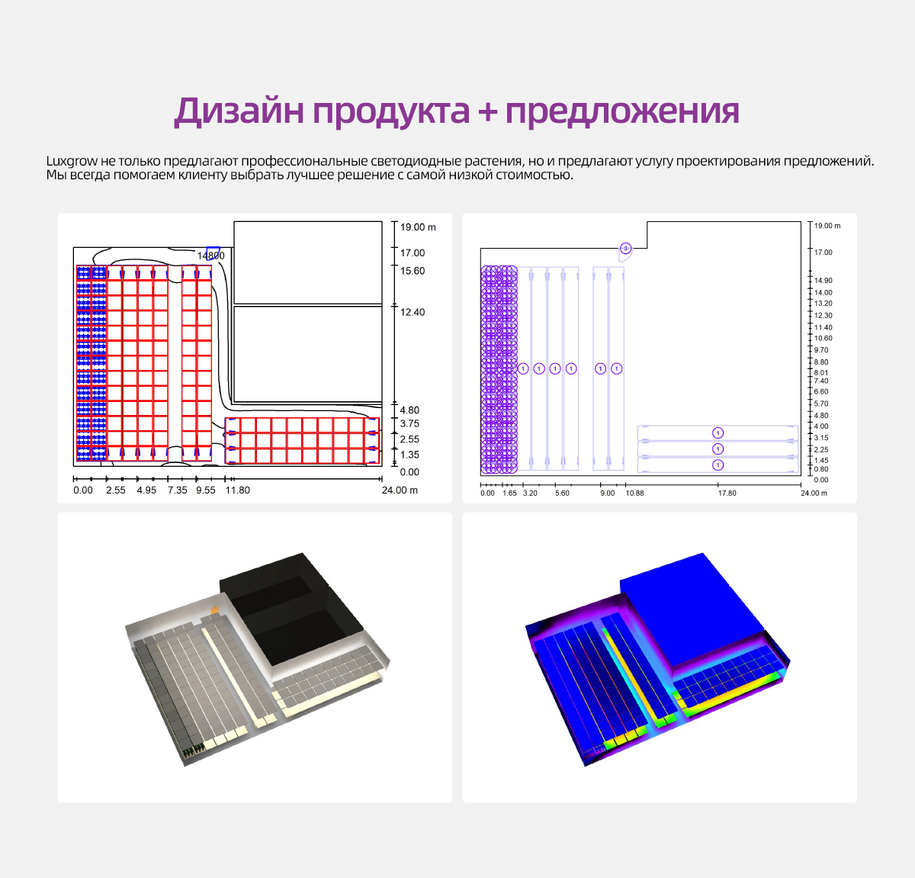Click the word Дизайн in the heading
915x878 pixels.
click(x=239, y=111)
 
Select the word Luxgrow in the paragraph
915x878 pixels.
click(x=72, y=161)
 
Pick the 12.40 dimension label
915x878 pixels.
click(x=413, y=312)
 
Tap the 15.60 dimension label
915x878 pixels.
click(x=413, y=271)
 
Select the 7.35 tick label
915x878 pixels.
click(x=178, y=490)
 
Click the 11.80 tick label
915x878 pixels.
click(x=238, y=490)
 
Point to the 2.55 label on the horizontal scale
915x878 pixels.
click(x=116, y=490)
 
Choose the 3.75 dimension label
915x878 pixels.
click(x=409, y=424)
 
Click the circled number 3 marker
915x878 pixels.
click(x=625, y=249)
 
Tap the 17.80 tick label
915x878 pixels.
click(x=727, y=494)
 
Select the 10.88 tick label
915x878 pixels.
click(x=634, y=494)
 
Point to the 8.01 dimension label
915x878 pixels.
click(x=820, y=372)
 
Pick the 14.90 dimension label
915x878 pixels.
click(x=823, y=281)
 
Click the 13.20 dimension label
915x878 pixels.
click(x=823, y=304)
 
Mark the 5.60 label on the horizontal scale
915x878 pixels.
click(x=562, y=494)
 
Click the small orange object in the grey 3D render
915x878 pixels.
click(x=215, y=609)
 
